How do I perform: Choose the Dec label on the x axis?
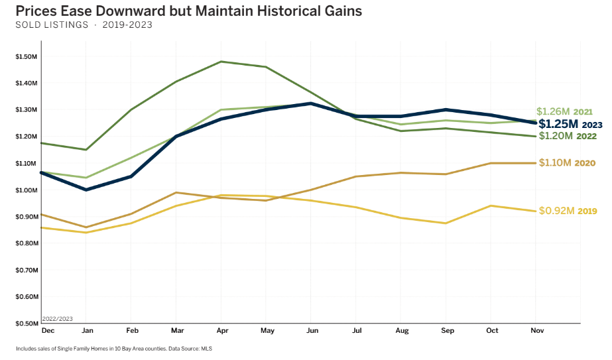point(48,330)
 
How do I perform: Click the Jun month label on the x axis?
point(310,330)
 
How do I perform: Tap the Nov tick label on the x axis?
point(537,330)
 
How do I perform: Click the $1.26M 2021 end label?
point(564,111)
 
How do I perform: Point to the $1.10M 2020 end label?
point(568,162)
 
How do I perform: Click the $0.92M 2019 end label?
point(568,211)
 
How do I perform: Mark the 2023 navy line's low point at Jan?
point(85,190)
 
